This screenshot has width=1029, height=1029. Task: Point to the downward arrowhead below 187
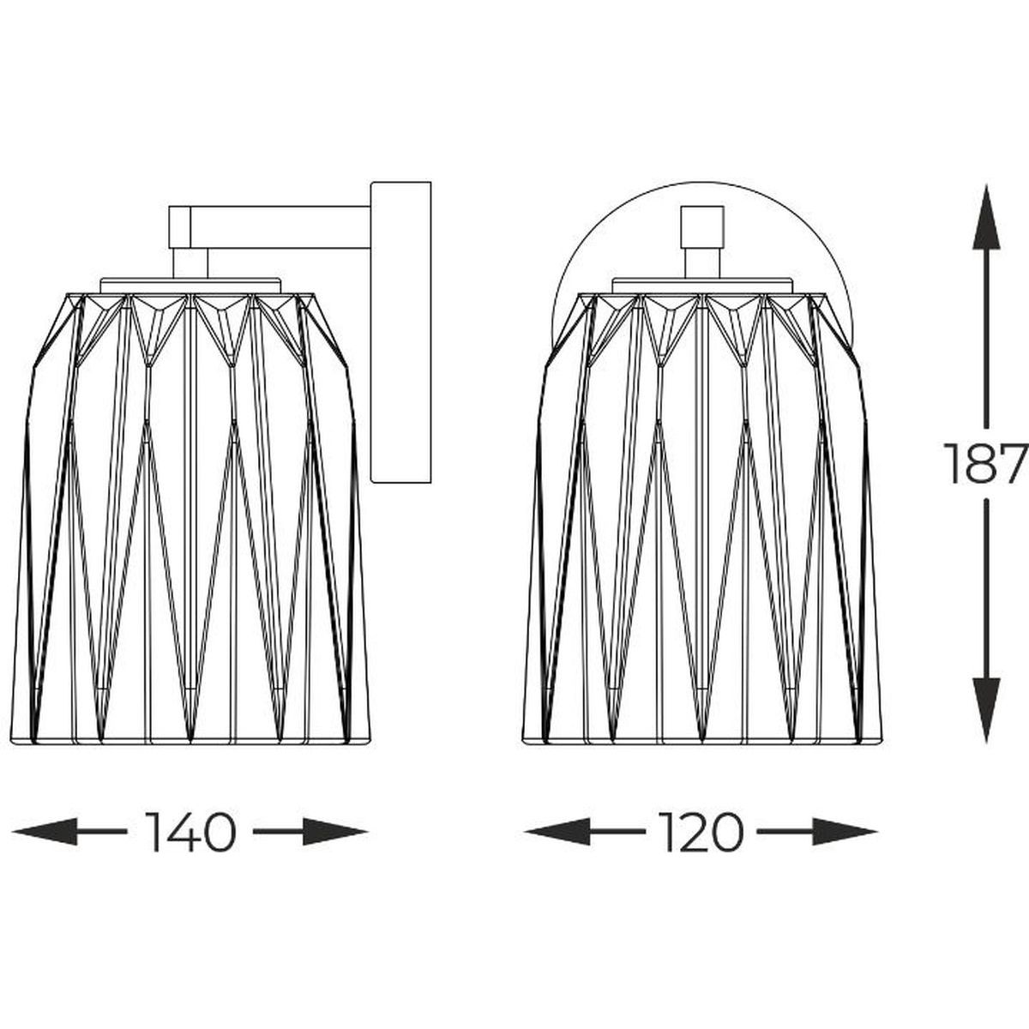tap(986, 710)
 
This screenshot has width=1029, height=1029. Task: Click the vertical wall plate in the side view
tap(400, 332)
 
